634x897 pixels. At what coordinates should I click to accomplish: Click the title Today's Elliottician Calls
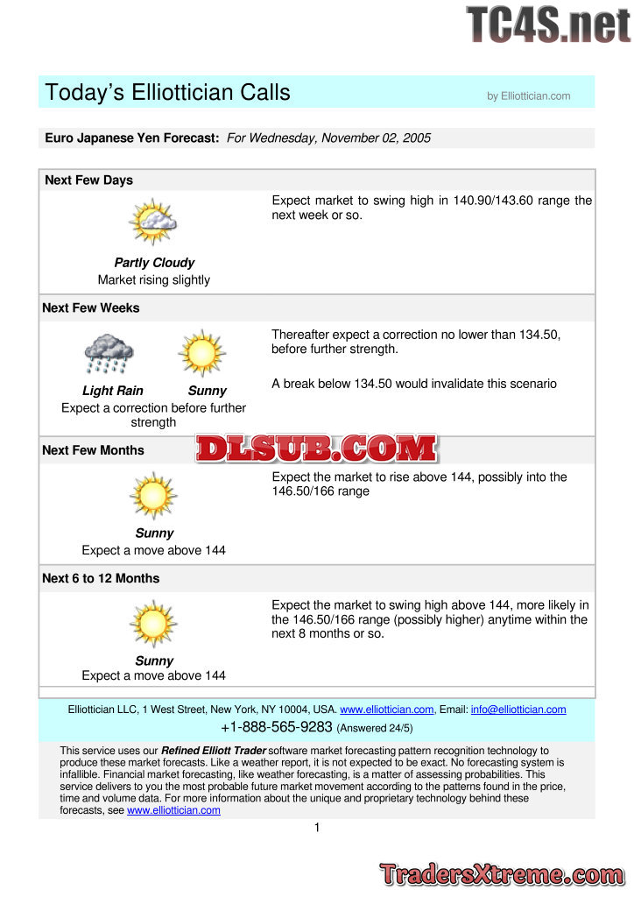click(167, 93)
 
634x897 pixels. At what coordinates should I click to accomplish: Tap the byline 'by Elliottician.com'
click(528, 96)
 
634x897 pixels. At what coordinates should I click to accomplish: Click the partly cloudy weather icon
click(153, 222)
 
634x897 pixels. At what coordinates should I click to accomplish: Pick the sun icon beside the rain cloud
click(202, 353)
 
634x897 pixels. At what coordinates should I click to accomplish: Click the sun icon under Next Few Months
click(153, 496)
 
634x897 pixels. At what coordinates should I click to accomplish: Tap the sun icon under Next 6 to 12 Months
click(153, 624)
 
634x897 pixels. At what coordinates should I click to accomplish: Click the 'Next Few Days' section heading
click(88, 180)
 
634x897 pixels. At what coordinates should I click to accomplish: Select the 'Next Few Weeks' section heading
click(91, 308)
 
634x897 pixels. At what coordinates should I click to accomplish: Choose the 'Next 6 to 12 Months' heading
click(101, 578)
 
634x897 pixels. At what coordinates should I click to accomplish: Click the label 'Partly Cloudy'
click(154, 263)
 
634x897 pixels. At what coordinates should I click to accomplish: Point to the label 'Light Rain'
click(113, 391)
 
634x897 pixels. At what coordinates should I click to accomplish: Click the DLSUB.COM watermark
click(316, 448)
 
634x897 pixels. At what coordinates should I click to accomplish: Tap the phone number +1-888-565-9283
click(277, 727)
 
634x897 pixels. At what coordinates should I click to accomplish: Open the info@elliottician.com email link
click(518, 710)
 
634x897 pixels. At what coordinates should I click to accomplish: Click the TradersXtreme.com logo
click(502, 874)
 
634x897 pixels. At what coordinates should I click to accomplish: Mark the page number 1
click(317, 828)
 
